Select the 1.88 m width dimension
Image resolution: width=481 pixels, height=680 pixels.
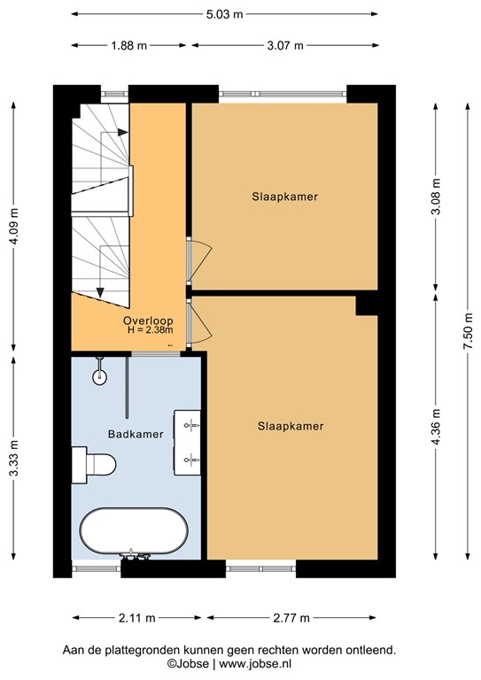pos(129,46)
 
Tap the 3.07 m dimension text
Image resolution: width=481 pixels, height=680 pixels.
pos(284,46)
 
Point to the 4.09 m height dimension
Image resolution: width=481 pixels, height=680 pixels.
pos(13,225)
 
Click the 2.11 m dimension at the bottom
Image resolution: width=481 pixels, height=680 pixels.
pos(138,617)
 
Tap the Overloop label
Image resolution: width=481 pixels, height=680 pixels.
pos(148,321)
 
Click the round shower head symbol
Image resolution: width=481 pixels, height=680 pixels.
pos(99,376)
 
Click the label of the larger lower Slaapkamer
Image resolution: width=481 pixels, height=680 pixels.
pos(290,426)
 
